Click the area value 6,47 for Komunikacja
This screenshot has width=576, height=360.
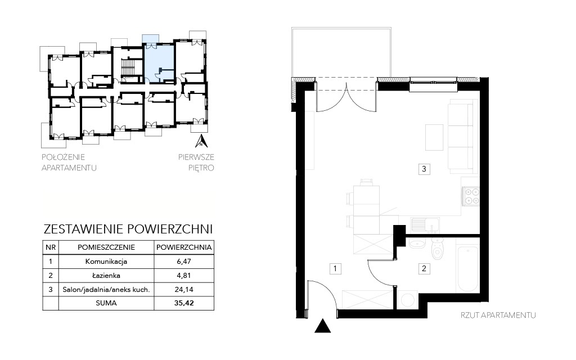(x=184, y=262)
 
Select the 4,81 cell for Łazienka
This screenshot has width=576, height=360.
(x=184, y=276)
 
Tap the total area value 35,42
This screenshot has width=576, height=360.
(x=184, y=303)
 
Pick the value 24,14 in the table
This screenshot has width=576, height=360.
(x=184, y=290)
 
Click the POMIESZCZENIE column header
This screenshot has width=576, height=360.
(x=106, y=247)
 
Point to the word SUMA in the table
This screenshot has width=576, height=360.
(x=106, y=303)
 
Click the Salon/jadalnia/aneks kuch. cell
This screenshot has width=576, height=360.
(x=106, y=290)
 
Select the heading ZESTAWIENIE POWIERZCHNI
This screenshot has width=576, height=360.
(x=128, y=229)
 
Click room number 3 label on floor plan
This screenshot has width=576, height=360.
(x=424, y=169)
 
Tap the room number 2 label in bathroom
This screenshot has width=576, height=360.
(x=424, y=268)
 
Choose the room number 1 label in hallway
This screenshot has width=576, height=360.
(x=335, y=268)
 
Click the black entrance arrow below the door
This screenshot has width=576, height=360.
(x=322, y=326)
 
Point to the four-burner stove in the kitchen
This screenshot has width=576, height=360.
(x=471, y=196)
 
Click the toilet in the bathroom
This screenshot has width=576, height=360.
(x=438, y=248)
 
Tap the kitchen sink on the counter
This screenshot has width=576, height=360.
(x=425, y=225)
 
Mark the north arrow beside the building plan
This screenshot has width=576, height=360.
(x=201, y=141)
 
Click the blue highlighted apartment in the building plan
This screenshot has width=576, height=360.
(x=158, y=62)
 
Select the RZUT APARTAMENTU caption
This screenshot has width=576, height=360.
(x=498, y=315)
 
